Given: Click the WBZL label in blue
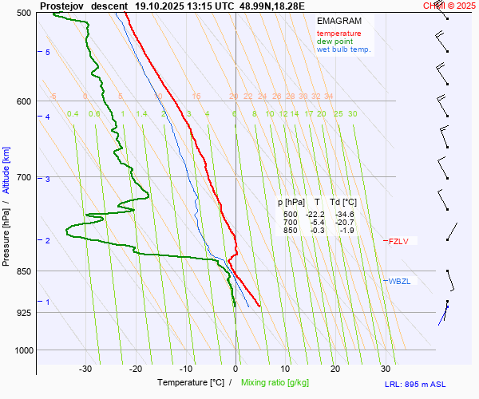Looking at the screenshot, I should click(400, 281).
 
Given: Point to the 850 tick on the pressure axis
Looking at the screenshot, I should click(25, 271).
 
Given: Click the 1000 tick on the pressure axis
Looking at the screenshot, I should click(22, 350).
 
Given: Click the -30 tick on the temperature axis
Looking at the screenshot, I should click(85, 369).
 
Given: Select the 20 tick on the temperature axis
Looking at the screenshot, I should click(335, 369).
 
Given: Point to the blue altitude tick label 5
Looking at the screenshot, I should click(47, 52).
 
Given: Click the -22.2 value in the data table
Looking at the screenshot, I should click(315, 215).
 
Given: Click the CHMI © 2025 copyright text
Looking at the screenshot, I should click(449, 6).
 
